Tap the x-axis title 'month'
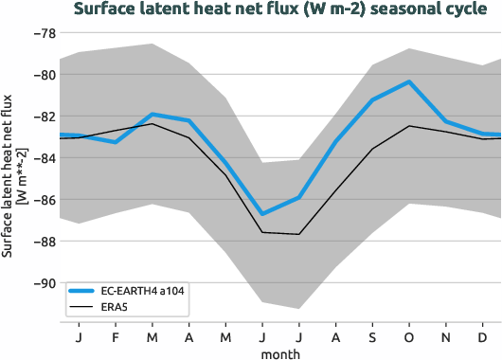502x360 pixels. (280, 352)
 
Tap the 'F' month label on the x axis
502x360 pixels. (116, 335)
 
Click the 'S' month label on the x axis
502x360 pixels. (372, 335)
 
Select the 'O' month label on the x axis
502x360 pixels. (409, 335)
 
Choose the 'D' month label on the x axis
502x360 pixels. (483, 335)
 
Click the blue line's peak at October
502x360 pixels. (409, 81)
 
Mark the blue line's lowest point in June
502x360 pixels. (262, 214)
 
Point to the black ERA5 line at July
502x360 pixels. (299, 234)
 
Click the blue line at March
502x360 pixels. (152, 114)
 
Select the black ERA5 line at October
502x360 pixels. (409, 126)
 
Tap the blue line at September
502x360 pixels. (372, 99)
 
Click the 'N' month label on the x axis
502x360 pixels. (446, 335)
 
